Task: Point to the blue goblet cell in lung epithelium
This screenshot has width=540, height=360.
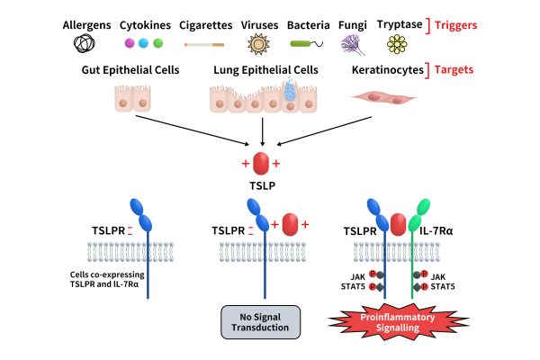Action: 291,86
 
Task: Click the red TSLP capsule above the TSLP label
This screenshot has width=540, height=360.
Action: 261,163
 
